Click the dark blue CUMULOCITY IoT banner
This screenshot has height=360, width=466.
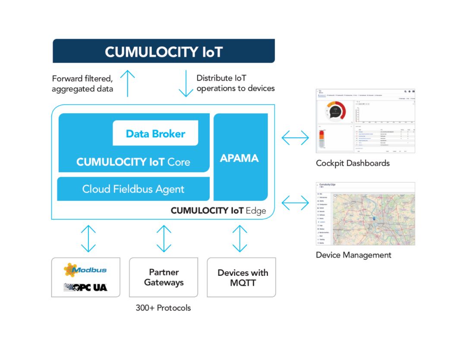click(164, 51)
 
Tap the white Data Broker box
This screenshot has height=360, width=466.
click(155, 133)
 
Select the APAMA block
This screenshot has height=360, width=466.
click(239, 158)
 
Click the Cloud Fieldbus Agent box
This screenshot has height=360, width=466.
click(133, 189)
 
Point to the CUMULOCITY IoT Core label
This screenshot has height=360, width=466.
click(133, 162)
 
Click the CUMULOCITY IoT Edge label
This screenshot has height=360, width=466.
click(218, 211)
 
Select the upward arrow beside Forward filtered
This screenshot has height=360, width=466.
click(128, 83)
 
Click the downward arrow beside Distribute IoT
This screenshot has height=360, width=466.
click(186, 83)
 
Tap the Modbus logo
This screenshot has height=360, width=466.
click(85, 270)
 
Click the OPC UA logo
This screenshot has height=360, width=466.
click(85, 287)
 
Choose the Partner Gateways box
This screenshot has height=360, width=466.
click(164, 277)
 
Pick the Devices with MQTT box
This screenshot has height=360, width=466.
click(242, 278)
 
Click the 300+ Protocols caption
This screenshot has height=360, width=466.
click(163, 308)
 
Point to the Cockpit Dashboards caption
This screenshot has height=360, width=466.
click(353, 163)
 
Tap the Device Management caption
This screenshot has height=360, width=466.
click(353, 255)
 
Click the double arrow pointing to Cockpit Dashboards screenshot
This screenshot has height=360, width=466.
click(296, 138)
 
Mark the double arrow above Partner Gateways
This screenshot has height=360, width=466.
click(164, 238)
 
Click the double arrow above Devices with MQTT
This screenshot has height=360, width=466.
click(239, 238)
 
